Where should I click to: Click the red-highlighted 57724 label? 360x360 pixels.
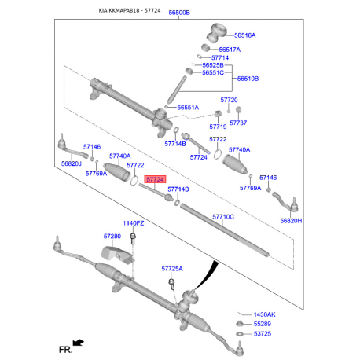(155, 179)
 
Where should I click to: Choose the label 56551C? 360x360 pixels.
(212, 72)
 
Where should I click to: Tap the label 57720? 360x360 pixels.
(228, 100)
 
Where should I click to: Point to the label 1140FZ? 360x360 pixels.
(133, 223)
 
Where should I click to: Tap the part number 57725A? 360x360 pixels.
(171, 268)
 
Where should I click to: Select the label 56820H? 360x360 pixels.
(291, 221)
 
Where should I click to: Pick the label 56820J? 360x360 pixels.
(72, 163)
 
